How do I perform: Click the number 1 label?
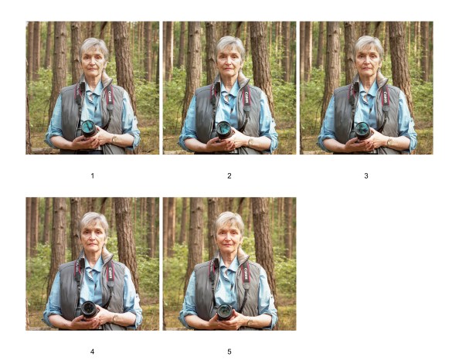tap(92, 176)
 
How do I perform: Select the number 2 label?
tap(229, 176)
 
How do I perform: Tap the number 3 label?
tap(366, 176)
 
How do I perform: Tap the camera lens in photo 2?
tap(224, 129)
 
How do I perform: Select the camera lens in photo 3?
tap(362, 129)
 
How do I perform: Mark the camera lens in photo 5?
tap(224, 311)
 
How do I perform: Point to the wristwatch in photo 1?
tap(114, 138)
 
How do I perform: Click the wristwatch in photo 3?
tap(389, 141)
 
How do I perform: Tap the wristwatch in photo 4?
tap(114, 317)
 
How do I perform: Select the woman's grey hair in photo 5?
tap(229, 217)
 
